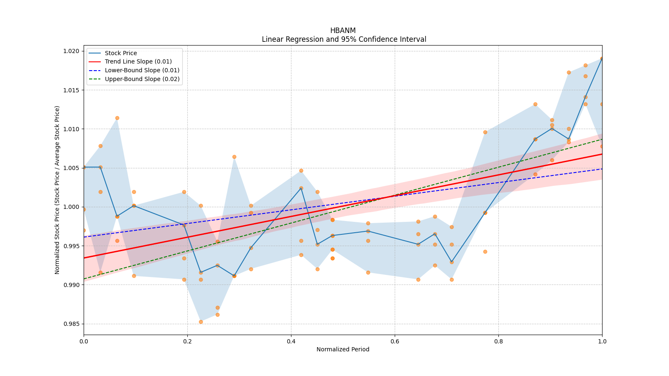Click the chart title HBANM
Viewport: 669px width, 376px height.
pos(343,30)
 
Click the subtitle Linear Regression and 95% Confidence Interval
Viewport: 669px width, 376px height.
pos(344,39)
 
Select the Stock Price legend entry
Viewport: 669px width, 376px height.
pos(121,53)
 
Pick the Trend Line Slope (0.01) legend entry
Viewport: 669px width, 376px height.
pos(138,61)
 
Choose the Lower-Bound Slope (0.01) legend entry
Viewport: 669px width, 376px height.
pos(142,70)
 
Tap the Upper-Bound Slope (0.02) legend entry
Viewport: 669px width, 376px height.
pos(142,79)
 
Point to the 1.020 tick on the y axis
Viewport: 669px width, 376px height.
pos(71,51)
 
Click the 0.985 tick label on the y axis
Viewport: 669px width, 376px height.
pos(71,324)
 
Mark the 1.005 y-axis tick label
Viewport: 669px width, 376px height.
pos(71,168)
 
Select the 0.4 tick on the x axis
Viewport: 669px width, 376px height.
pos(291,341)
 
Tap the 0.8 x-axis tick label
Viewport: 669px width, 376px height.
pos(498,341)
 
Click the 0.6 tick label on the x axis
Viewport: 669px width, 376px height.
pos(395,341)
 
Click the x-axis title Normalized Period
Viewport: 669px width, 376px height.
pos(343,349)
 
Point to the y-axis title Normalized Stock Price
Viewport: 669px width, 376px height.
pos(57,190)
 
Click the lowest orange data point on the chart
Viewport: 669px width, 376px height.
pos(201,322)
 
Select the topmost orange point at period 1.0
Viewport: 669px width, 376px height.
pos(602,58)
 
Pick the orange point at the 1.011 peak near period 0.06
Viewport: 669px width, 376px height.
pos(117,118)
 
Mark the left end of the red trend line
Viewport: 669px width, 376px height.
pos(84,258)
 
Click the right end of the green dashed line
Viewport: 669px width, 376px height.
pos(602,139)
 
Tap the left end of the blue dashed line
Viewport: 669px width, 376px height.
pos(84,237)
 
